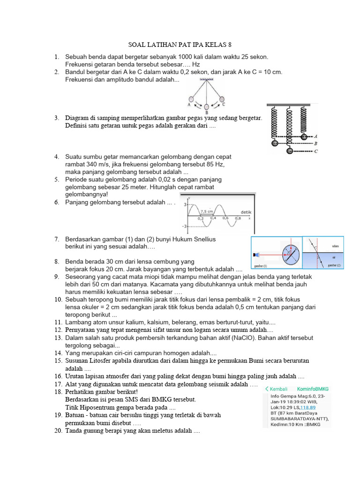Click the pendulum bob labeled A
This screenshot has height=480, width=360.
pyautogui.click(x=191, y=99)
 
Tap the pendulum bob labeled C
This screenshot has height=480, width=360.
pyautogui.click(x=223, y=98)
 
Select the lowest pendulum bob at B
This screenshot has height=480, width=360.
pyautogui.click(x=207, y=107)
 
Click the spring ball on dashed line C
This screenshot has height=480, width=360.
pyautogui.click(x=290, y=151)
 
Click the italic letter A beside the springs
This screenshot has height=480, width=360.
pyautogui.click(x=316, y=136)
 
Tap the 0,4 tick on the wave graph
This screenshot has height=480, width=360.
pyautogui.click(x=213, y=218)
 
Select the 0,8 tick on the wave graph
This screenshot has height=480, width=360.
pyautogui.click(x=238, y=218)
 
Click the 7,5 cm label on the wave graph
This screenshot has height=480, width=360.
pyautogui.click(x=207, y=212)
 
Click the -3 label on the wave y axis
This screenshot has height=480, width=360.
pyautogui.click(x=185, y=227)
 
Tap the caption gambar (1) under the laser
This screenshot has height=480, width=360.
pyautogui.click(x=260, y=265)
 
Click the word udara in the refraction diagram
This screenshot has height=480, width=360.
pyautogui.click(x=335, y=246)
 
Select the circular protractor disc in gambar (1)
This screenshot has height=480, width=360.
pyautogui.click(x=290, y=253)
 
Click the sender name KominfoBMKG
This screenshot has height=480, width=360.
pyautogui.click(x=314, y=389)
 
